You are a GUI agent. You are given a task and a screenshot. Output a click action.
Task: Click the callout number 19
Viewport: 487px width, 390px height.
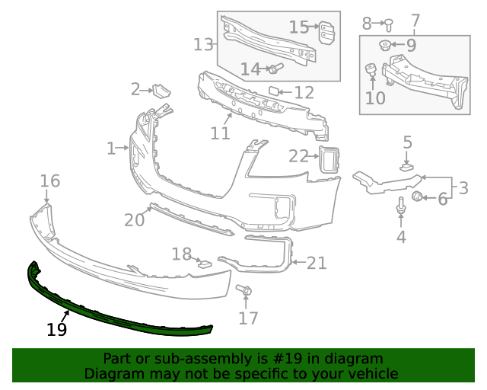(56, 330)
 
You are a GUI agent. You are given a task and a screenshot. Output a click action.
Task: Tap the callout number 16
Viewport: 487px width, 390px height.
(49, 181)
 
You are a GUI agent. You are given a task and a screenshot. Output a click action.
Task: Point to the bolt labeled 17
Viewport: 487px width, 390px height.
(245, 290)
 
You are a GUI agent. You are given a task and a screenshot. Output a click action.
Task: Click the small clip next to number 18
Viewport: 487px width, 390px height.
(205, 264)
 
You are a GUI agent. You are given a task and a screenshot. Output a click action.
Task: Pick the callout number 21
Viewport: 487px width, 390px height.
(317, 263)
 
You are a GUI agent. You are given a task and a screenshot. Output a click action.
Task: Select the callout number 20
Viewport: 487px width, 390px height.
(134, 220)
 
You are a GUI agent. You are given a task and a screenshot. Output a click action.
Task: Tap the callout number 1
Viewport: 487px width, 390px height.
(110, 148)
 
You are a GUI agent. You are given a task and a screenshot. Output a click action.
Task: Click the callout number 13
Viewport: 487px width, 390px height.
(204, 44)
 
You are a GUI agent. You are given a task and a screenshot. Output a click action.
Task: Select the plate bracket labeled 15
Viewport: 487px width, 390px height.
(326, 34)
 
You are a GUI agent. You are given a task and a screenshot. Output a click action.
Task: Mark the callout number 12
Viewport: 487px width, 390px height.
(304, 93)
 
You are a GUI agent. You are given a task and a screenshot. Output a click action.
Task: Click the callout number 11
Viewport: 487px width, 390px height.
(221, 133)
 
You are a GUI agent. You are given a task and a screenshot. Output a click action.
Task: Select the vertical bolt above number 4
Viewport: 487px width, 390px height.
(401, 206)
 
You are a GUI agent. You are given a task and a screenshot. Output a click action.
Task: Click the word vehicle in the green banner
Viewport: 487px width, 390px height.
(373, 374)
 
